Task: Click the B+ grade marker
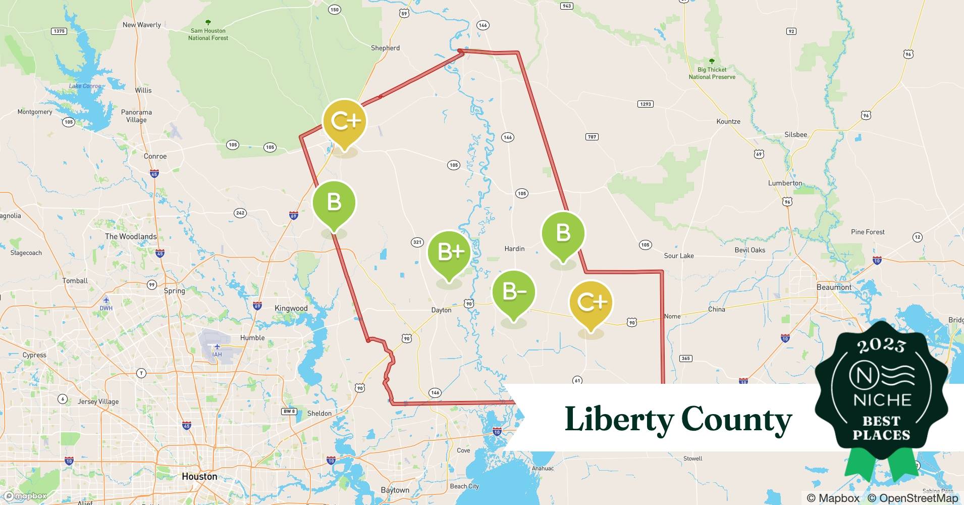tap(449, 252)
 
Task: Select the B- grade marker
tap(514, 292)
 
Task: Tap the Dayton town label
tap(441, 310)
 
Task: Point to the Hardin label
tap(514, 248)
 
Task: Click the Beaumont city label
tap(834, 287)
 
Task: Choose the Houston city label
tap(199, 476)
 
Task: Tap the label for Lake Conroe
tap(85, 86)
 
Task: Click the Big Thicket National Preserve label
tap(712, 73)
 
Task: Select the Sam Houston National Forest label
tap(208, 34)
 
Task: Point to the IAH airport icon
tap(217, 347)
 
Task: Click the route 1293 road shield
tap(646, 104)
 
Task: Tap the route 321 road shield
tap(417, 242)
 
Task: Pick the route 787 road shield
tap(592, 137)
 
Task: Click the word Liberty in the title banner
tap(619, 419)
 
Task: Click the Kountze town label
tap(728, 122)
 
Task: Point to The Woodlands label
tap(131, 236)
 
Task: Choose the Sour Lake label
tap(679, 256)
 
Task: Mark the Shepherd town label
tap(385, 48)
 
